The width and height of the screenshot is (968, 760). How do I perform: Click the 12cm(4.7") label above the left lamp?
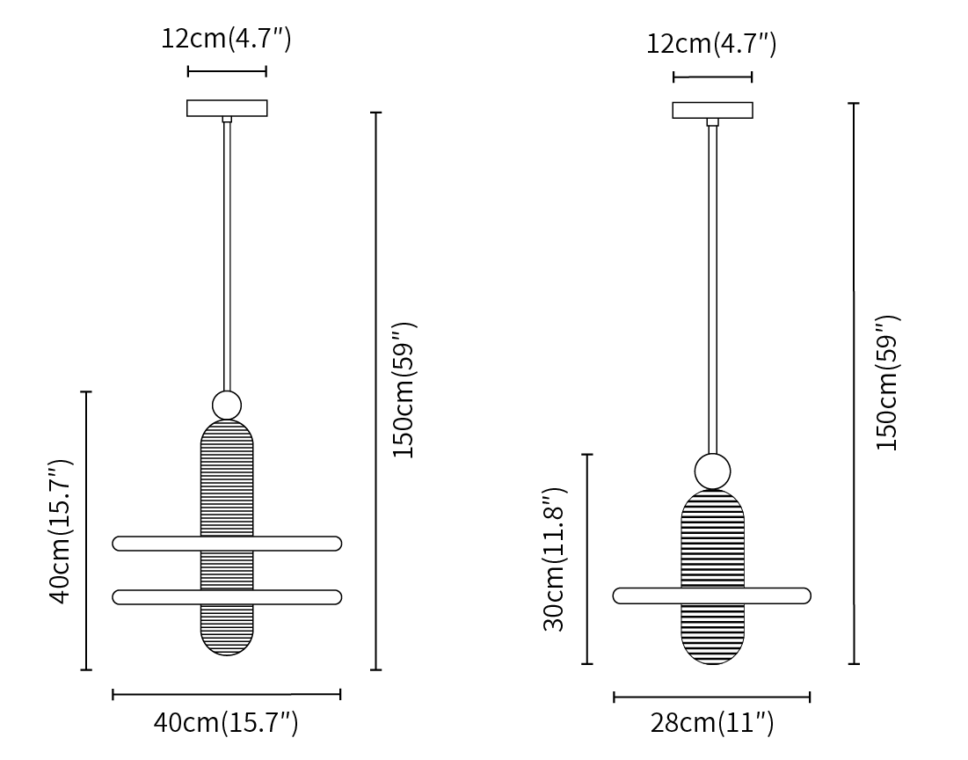click(x=226, y=39)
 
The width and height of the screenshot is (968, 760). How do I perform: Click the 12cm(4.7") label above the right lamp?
click(x=711, y=44)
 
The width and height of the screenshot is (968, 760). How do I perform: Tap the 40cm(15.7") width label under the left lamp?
click(x=226, y=722)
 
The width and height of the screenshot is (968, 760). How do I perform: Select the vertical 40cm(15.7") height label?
click(x=61, y=530)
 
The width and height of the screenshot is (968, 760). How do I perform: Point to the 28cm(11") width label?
click(x=712, y=722)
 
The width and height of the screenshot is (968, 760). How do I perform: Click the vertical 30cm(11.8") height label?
click(x=554, y=559)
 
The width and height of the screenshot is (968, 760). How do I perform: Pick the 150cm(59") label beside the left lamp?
click(x=405, y=390)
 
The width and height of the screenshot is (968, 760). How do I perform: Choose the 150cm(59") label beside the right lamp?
click(x=888, y=383)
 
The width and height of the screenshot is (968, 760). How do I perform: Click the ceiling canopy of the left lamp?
click(x=227, y=108)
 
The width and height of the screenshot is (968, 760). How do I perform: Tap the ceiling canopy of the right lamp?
click(x=712, y=110)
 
